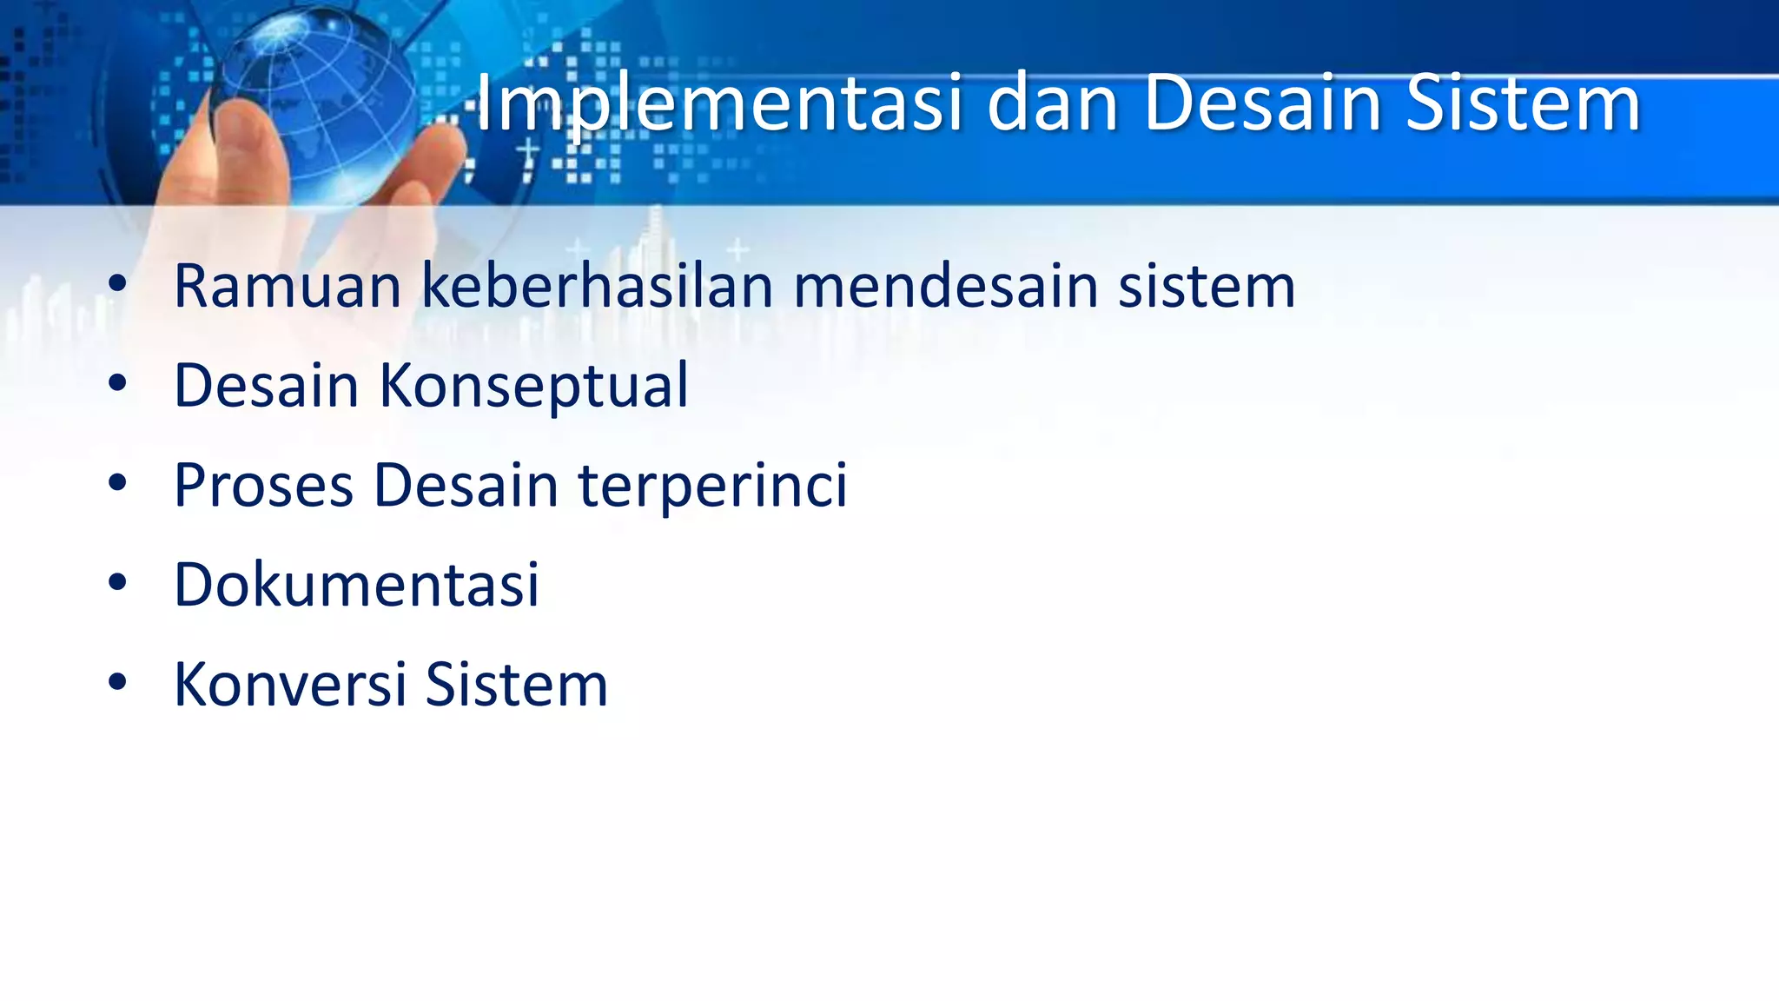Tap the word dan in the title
(1051, 104)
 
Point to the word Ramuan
(288, 286)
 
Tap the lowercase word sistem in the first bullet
(1207, 286)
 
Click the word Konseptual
(533, 386)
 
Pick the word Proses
(263, 485)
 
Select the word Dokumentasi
(356, 584)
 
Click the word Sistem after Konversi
(516, 685)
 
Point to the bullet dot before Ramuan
(117, 283)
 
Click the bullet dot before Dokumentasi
(117, 582)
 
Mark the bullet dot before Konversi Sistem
(117, 682)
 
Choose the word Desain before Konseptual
(266, 386)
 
